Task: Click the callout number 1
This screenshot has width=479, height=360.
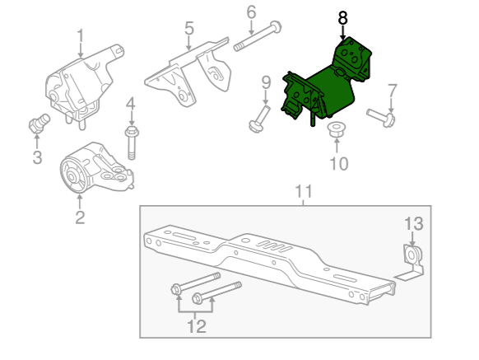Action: (x=81, y=36)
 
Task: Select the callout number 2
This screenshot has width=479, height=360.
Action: (x=80, y=217)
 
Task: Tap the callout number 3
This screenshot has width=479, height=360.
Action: (x=37, y=157)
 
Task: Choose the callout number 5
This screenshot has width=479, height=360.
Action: (x=189, y=28)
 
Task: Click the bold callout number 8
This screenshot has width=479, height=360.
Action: (x=342, y=18)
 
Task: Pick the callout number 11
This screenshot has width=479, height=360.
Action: (x=304, y=191)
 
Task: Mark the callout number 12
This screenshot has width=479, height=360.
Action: (x=197, y=326)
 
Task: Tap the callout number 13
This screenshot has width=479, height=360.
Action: (x=414, y=223)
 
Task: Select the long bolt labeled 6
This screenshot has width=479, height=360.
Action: (x=258, y=36)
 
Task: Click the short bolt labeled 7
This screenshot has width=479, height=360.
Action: (x=381, y=118)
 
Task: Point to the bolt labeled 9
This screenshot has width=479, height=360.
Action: (x=260, y=119)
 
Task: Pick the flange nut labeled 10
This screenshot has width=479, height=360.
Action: (x=336, y=130)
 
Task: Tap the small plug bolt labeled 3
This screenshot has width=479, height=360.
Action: (x=40, y=124)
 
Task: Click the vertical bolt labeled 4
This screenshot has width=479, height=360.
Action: (x=132, y=143)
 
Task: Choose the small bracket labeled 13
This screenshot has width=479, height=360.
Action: (x=411, y=262)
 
